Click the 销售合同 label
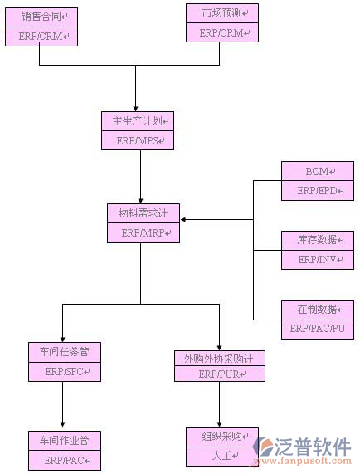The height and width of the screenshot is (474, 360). click(x=42, y=17)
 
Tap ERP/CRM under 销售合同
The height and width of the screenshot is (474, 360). click(x=42, y=37)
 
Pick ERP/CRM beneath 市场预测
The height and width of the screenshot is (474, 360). click(x=219, y=33)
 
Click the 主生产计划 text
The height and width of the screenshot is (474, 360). click(x=138, y=121)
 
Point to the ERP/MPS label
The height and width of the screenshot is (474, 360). click(x=138, y=141)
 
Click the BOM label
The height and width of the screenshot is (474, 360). click(x=317, y=172)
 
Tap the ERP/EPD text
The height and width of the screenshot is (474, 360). click(x=317, y=191)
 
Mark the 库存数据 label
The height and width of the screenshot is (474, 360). click(x=317, y=240)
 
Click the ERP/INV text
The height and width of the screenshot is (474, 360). click(x=317, y=260)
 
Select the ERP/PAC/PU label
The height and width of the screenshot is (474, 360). click(x=317, y=330)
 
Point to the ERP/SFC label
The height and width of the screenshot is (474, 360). click(x=65, y=372)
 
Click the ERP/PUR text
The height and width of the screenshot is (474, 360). click(x=219, y=374)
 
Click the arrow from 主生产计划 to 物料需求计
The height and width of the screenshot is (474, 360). click(x=139, y=176)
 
